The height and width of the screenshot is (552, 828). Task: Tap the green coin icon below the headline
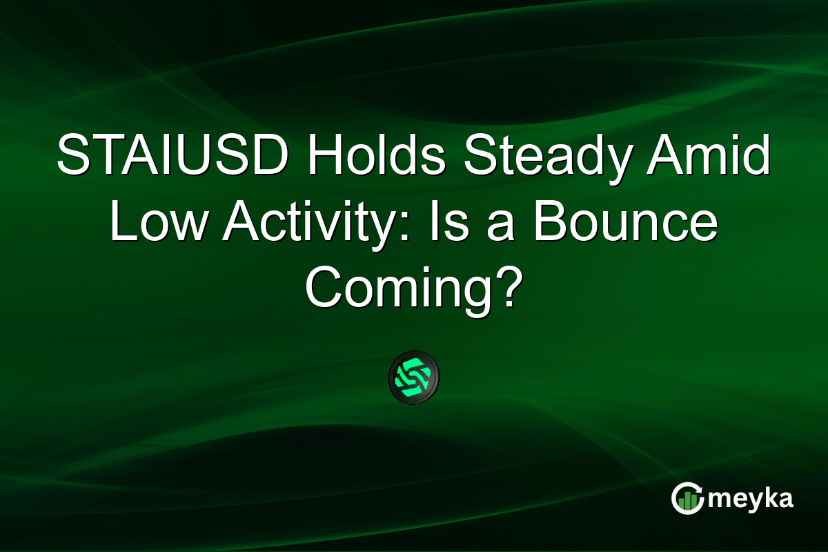(413, 377)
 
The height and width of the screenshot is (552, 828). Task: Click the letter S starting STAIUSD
(72, 157)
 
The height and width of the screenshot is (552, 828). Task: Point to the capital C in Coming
(324, 290)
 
